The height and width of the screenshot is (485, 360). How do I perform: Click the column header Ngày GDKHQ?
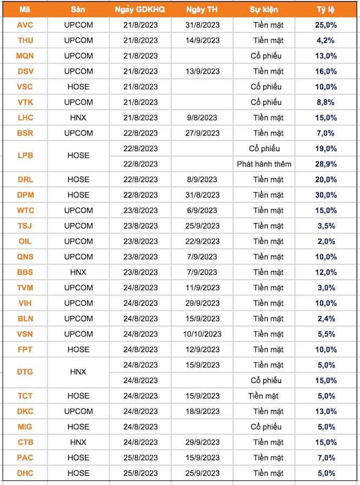(x=140, y=9)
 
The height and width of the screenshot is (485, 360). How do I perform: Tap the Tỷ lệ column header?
(x=326, y=9)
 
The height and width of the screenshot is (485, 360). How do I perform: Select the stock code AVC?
(x=25, y=25)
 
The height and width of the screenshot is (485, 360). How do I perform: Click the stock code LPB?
(x=25, y=156)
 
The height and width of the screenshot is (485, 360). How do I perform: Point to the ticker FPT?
(x=25, y=349)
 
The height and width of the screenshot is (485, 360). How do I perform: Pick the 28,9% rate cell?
(x=326, y=164)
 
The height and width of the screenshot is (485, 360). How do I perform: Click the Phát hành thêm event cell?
(x=264, y=164)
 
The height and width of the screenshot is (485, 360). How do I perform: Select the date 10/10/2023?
(x=202, y=334)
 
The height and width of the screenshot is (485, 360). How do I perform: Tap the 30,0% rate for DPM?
(x=326, y=195)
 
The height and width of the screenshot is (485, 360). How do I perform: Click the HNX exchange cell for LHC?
(x=78, y=118)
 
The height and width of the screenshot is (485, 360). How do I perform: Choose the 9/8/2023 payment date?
(x=202, y=118)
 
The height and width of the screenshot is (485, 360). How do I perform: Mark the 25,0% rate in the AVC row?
(x=326, y=25)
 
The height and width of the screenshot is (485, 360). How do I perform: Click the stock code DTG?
(x=25, y=373)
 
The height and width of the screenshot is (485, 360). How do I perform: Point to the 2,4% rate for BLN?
(x=326, y=319)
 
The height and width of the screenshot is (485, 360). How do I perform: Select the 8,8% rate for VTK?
(x=326, y=102)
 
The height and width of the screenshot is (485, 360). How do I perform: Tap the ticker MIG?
(x=25, y=427)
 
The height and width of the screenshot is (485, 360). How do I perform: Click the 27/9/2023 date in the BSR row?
(x=202, y=133)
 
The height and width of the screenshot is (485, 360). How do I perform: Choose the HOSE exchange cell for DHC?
(x=78, y=473)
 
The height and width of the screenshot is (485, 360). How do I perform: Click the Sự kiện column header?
(x=264, y=9)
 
